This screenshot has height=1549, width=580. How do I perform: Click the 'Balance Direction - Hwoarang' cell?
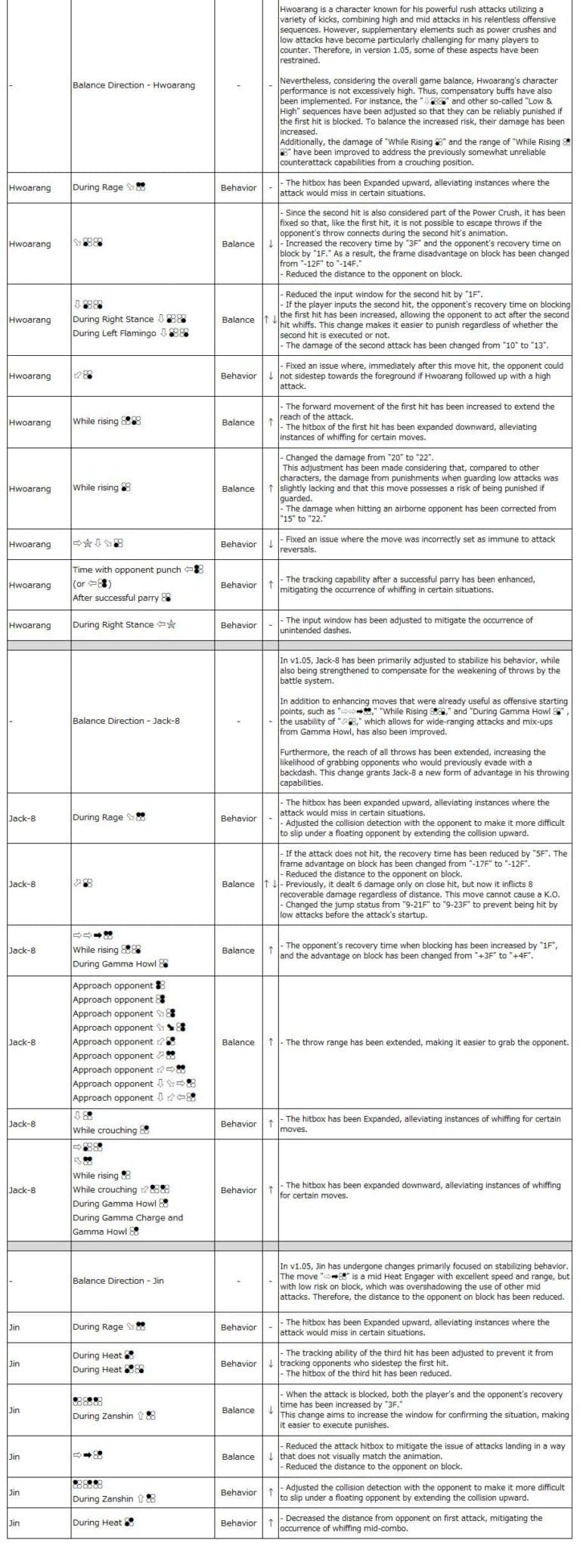(x=134, y=85)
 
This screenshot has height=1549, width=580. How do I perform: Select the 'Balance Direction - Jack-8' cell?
(x=126, y=721)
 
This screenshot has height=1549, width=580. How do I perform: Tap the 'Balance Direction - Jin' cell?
(x=118, y=1281)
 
